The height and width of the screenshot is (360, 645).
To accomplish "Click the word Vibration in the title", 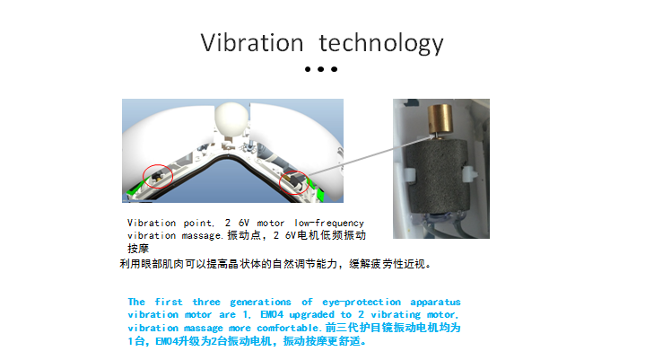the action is (x=252, y=42).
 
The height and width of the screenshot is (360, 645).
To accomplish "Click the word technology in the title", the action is (x=381, y=43).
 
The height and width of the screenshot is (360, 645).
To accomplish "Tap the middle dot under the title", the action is (x=321, y=69).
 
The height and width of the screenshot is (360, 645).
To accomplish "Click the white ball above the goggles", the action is (x=231, y=119).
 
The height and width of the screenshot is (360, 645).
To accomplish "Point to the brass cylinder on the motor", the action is (x=440, y=119).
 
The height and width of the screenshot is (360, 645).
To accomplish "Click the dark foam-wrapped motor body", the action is (x=436, y=176).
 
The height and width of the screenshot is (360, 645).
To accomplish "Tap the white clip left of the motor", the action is (x=410, y=175).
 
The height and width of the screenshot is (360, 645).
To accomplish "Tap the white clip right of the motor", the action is (x=469, y=174).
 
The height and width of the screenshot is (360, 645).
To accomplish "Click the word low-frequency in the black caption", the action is (x=329, y=223).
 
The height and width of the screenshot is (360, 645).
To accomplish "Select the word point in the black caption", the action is (x=198, y=223).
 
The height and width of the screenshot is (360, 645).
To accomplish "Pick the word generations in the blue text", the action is (x=260, y=303).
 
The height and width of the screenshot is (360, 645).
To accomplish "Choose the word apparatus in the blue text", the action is (x=435, y=303).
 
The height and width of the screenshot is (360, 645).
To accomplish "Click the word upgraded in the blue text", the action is (x=311, y=315).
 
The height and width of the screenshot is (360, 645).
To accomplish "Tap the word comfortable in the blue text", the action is (x=288, y=329).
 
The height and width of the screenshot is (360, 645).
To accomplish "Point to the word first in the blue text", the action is (x=169, y=302).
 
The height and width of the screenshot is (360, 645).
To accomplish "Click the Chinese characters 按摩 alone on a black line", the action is (x=138, y=249).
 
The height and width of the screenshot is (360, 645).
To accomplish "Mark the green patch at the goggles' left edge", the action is (x=133, y=190).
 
